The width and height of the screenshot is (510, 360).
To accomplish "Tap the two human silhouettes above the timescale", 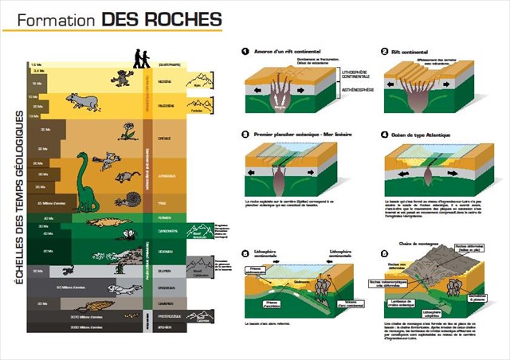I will point(140,59).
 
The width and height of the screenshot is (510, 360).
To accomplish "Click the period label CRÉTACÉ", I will point(167,137).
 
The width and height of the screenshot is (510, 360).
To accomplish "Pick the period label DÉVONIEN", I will point(167,251).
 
